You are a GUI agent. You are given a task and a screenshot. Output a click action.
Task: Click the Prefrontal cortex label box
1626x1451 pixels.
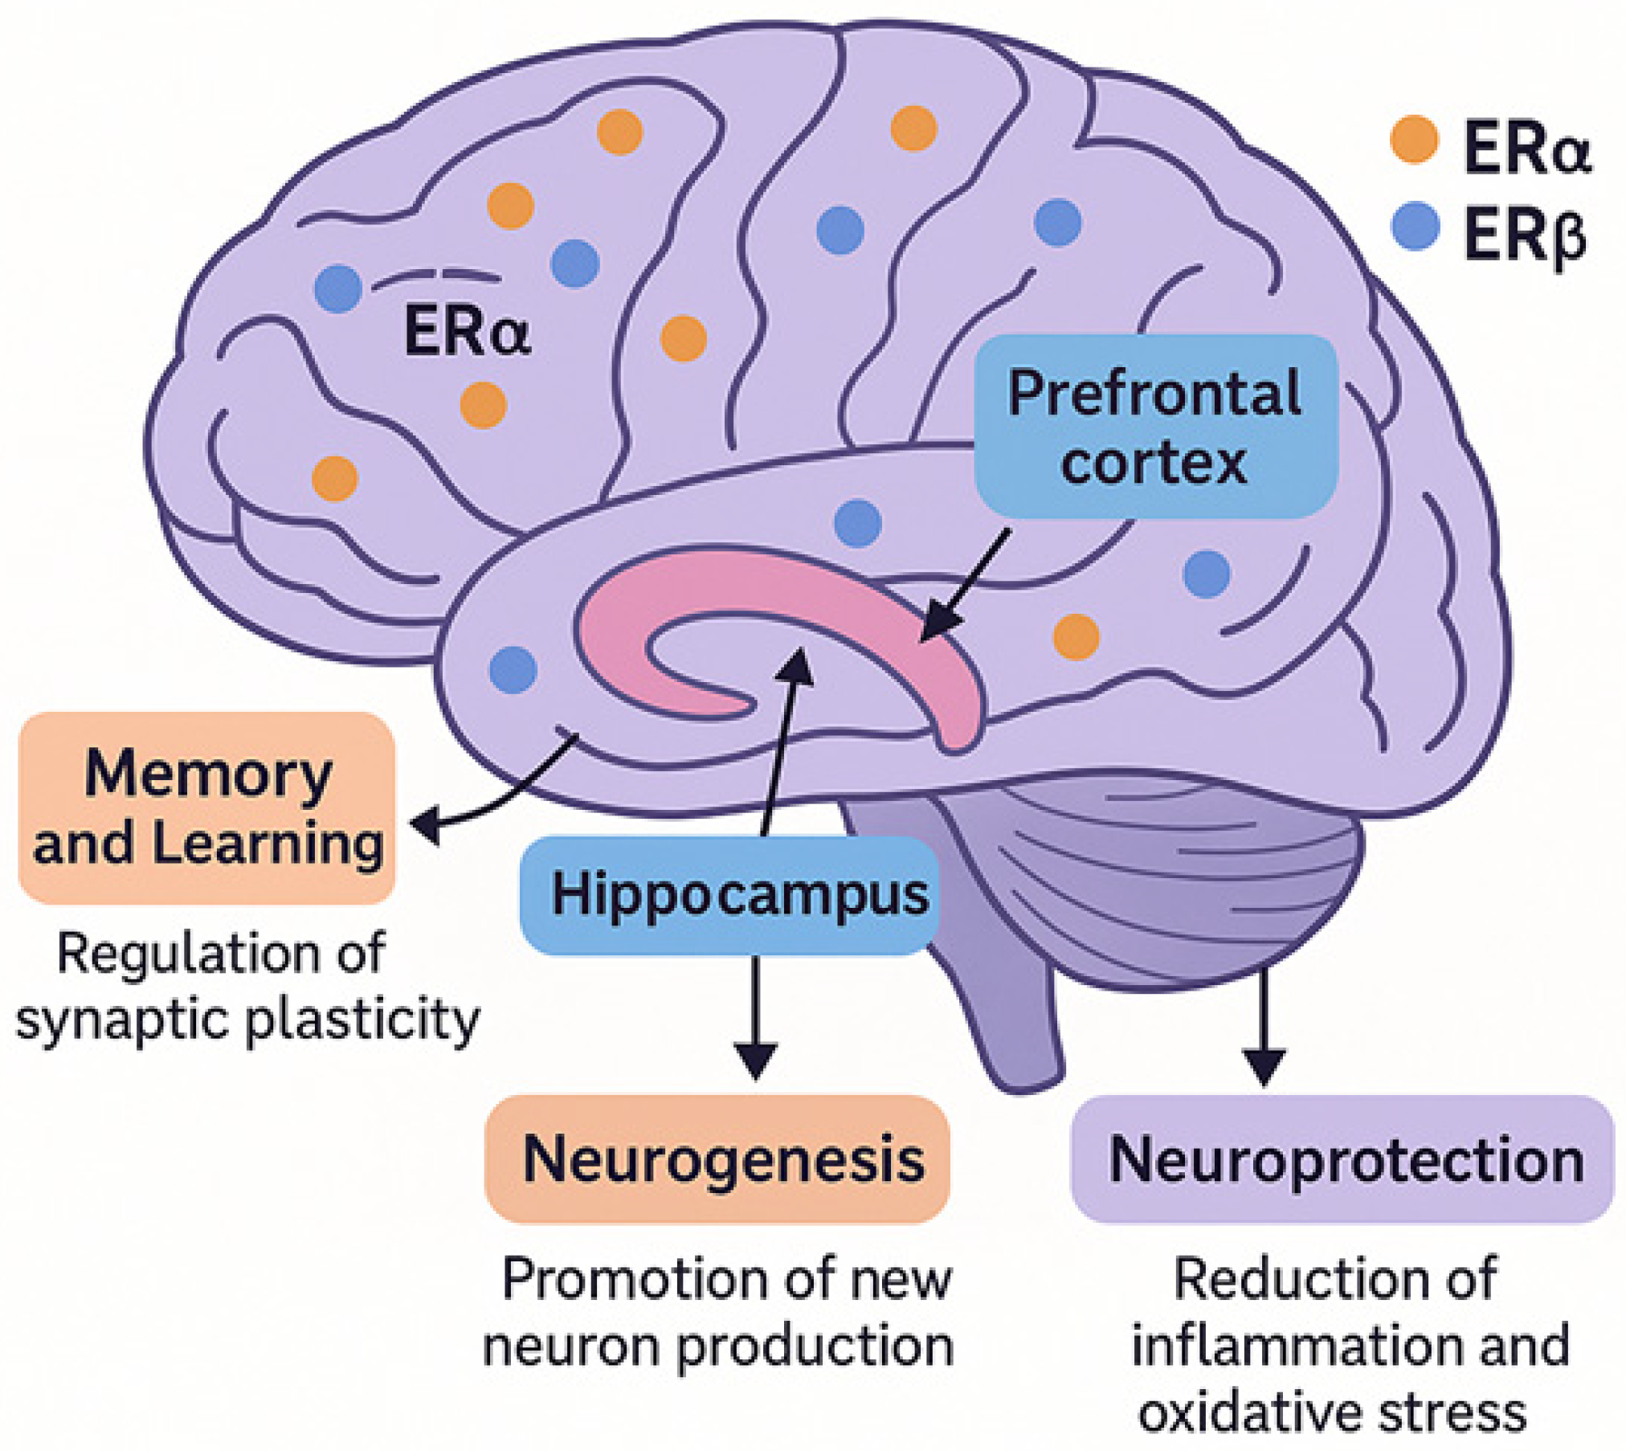coord(1155,426)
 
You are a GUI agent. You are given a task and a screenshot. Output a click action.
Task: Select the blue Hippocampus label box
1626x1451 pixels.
coord(729,895)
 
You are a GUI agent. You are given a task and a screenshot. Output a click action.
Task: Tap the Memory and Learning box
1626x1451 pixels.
coord(206,808)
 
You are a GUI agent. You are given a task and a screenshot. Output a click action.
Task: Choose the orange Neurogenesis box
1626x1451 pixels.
coord(717,1159)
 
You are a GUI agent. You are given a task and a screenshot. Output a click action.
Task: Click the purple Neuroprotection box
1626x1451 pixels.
coord(1342,1159)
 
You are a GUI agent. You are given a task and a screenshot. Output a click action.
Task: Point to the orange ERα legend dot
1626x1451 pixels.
coord(1413,140)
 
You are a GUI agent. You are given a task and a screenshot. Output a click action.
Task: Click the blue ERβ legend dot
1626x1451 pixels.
coord(1415,227)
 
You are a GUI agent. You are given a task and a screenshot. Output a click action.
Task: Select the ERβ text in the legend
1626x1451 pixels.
coord(1525,235)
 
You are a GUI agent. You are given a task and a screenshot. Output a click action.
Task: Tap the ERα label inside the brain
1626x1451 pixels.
coord(467,331)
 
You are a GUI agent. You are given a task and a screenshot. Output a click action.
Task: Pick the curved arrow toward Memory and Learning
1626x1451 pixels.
coord(498,795)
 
